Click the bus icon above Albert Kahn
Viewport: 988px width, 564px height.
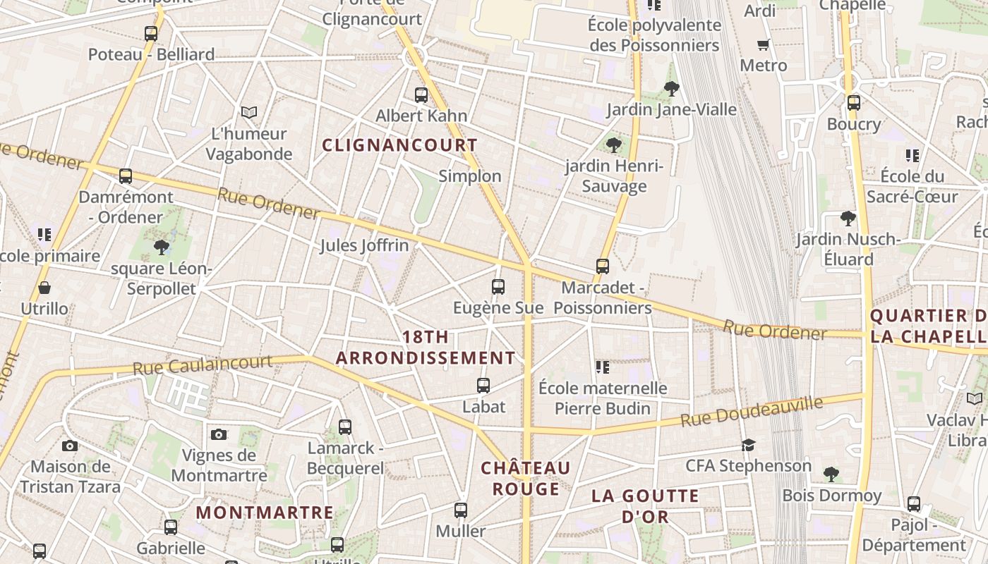pyautogui.click(x=421, y=94)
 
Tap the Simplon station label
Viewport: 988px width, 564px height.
pyautogui.click(x=470, y=176)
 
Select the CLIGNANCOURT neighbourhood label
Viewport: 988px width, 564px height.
pyautogui.click(x=400, y=145)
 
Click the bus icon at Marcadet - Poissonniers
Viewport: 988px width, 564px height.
pyautogui.click(x=603, y=266)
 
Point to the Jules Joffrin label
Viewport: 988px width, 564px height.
pyautogui.click(x=364, y=245)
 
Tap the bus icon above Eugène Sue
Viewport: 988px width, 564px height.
pyautogui.click(x=498, y=286)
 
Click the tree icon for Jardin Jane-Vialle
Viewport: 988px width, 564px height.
pyautogui.click(x=671, y=89)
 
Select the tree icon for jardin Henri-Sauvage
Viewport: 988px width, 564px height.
pyautogui.click(x=614, y=145)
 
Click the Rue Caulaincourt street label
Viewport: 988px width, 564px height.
pyautogui.click(x=203, y=364)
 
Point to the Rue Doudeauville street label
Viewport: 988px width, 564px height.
pyautogui.click(x=752, y=411)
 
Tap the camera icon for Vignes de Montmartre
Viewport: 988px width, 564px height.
pyautogui.click(x=219, y=434)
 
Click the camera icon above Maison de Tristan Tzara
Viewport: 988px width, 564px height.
pyautogui.click(x=69, y=446)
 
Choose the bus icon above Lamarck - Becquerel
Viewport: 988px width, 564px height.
pyautogui.click(x=344, y=427)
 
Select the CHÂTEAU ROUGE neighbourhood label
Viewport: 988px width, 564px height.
pyautogui.click(x=525, y=478)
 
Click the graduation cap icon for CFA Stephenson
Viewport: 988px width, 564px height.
pyautogui.click(x=748, y=445)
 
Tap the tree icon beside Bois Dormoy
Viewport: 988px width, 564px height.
pyautogui.click(x=831, y=473)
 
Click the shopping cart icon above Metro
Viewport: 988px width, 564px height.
pyautogui.click(x=763, y=44)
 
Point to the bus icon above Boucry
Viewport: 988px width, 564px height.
pyautogui.click(x=854, y=102)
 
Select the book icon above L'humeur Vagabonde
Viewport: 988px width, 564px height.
pyautogui.click(x=248, y=112)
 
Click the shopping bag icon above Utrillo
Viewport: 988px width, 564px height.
pyautogui.click(x=44, y=288)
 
